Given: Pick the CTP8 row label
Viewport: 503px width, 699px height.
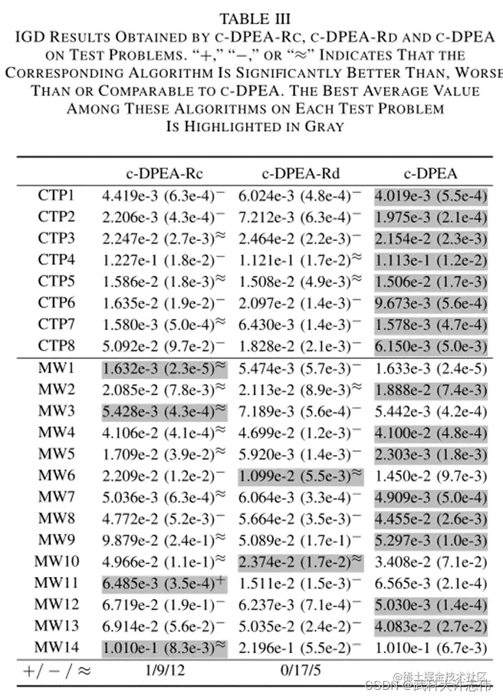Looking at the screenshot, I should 56,345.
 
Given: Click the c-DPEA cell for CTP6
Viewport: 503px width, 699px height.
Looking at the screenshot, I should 430,302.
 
